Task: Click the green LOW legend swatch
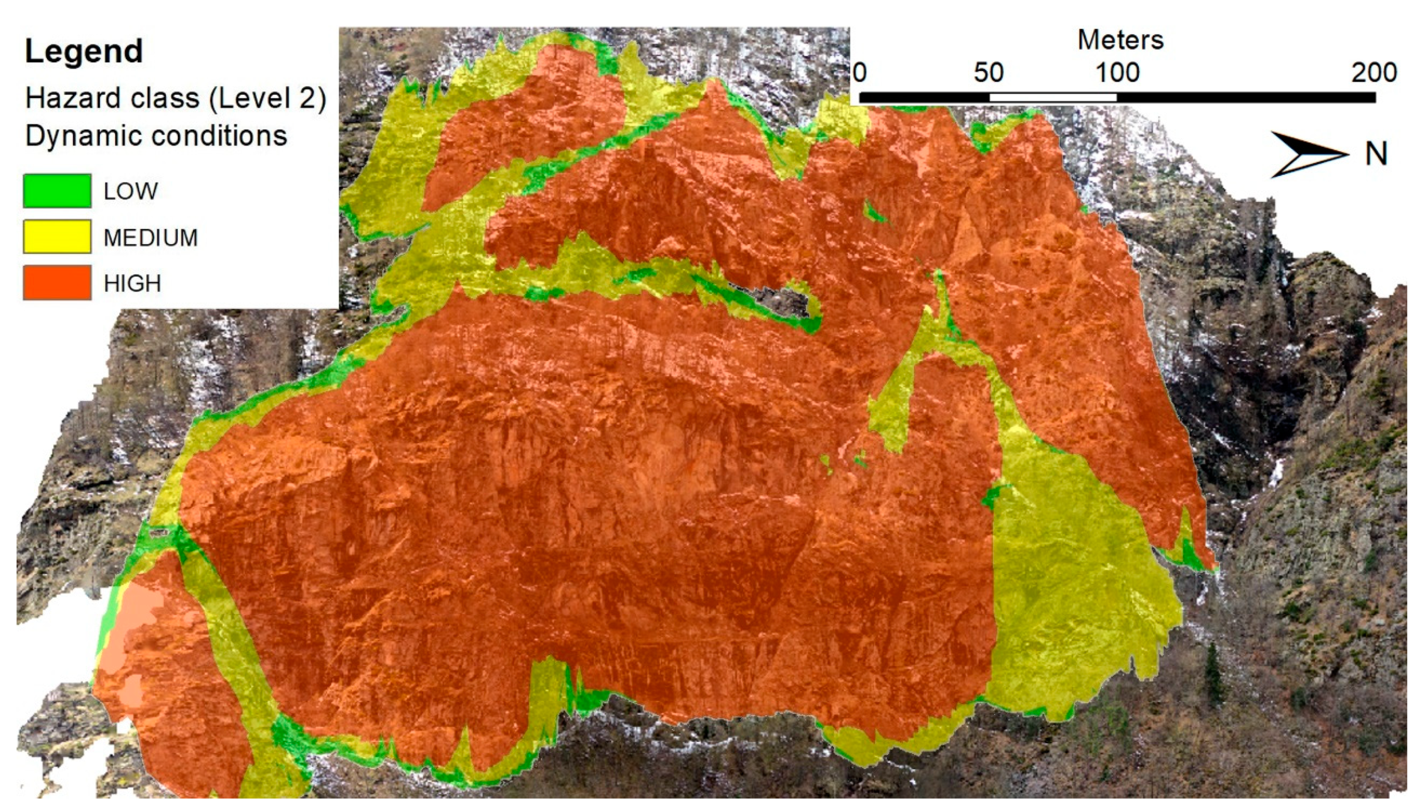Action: coord(57,191)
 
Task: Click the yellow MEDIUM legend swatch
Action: coord(57,237)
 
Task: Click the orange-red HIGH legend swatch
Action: coord(57,283)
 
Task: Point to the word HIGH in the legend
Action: coord(132,283)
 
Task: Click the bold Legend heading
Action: coord(84,51)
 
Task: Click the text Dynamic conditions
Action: coord(156,135)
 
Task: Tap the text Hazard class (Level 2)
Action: coord(176,98)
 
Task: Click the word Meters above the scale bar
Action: coord(1120,40)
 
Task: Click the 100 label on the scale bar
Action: coord(1117,73)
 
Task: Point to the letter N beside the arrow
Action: coord(1375,154)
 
